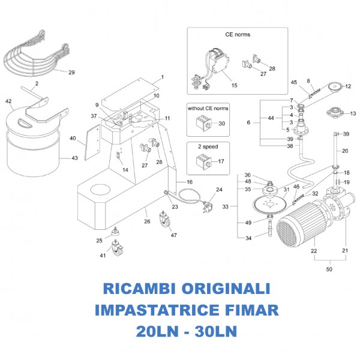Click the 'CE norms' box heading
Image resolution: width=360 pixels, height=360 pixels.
pos(238,34)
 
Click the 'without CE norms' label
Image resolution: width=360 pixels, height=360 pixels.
pos(208,109)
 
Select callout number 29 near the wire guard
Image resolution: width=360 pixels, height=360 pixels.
pos(71,73)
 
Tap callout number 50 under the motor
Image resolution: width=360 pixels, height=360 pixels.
pos(329,270)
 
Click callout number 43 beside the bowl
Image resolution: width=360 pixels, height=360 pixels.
pos(74,158)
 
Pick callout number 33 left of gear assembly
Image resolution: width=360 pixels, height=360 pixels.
pos(226,206)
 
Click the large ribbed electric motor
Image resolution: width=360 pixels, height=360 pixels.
pos(299,222)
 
